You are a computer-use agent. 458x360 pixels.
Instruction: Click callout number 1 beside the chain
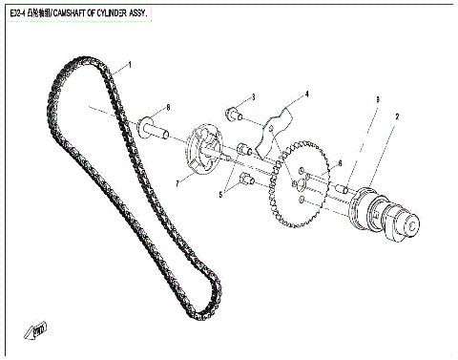click(x=131, y=65)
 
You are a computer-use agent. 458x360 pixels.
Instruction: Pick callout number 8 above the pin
click(x=168, y=106)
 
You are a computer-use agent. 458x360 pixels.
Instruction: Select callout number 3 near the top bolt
click(x=253, y=96)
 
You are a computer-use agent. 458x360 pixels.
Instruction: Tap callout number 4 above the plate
click(x=307, y=95)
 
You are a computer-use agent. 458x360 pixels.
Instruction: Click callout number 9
click(x=378, y=99)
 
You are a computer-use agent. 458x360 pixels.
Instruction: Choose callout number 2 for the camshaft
click(x=396, y=116)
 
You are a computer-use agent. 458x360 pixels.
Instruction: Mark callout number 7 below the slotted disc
click(x=178, y=180)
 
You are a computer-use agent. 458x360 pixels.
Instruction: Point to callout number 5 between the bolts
click(x=221, y=195)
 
